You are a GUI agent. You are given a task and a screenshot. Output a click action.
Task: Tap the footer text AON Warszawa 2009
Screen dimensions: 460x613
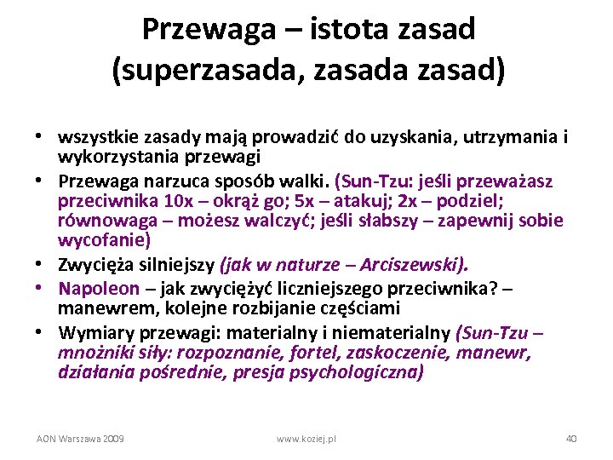80,438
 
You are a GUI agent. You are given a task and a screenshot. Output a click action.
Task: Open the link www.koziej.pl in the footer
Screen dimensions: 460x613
306,438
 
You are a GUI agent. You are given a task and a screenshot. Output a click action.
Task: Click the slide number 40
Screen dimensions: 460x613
571,438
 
